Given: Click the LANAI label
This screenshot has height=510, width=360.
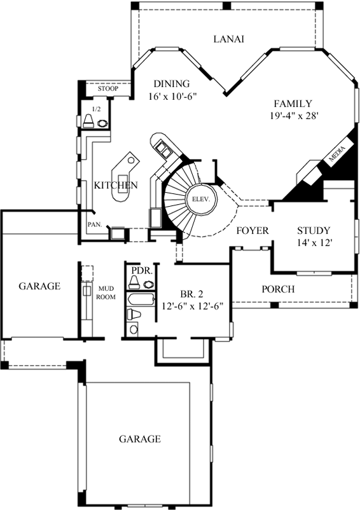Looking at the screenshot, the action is click(228, 39).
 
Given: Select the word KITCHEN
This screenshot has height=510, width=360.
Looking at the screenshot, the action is click(116, 185).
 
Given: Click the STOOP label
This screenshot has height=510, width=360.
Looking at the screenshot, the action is click(108, 88).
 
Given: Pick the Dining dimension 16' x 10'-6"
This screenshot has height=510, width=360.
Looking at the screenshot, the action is click(172, 97).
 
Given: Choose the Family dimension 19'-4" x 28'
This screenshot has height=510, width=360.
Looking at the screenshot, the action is click(293, 116).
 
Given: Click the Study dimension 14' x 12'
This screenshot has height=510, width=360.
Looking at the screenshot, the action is click(314, 243).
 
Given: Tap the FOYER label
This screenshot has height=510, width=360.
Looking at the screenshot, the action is click(253, 231).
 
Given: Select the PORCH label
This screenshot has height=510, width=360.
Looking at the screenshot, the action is click(278, 289).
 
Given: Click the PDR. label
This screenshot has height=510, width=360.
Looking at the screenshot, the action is click(140, 270).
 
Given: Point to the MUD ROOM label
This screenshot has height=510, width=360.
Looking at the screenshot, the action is click(106, 293).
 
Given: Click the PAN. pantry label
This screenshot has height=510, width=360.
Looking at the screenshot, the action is click(95, 224).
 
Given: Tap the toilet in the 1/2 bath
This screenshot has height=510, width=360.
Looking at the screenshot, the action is click(88, 121).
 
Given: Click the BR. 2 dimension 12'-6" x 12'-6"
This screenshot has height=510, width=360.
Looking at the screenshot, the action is click(192, 306).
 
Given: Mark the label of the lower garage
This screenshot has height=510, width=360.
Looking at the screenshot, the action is click(140, 439).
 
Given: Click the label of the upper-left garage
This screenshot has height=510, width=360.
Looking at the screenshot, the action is click(39, 286).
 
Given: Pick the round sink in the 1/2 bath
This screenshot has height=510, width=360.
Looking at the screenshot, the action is click(102, 123).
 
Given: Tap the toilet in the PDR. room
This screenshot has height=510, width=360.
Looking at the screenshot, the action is click(134, 282).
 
